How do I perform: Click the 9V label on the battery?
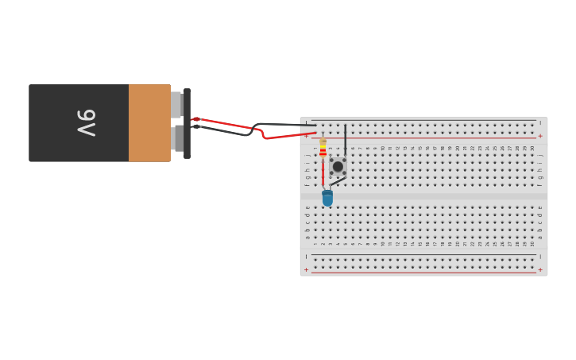tap(87, 123)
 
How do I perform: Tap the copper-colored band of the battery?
tap(149, 123)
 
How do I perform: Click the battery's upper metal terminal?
tap(176, 104)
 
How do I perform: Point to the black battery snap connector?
tap(187, 123)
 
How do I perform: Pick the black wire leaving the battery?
tap(226, 132)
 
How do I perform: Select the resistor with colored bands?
tap(323, 147)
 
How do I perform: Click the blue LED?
tap(327, 198)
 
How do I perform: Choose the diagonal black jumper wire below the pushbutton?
tap(338, 182)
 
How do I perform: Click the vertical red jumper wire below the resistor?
tap(323, 171)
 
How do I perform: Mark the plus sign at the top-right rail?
tap(540, 136)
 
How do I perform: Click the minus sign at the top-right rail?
tap(540, 123)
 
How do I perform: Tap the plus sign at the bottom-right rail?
tap(540, 269)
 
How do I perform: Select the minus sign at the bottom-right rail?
tap(540, 257)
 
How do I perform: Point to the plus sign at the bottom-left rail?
tap(306, 269)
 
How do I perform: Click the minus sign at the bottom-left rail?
tap(306, 257)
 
